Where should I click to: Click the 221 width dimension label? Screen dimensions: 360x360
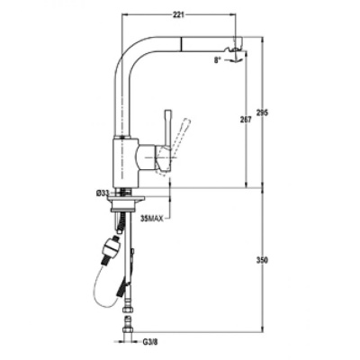(178, 15)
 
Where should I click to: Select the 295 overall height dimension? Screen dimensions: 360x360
(262, 112)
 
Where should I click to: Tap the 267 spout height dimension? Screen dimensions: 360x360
(246, 120)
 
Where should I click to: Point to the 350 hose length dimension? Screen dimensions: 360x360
(262, 260)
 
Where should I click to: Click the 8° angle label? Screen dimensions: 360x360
(217, 60)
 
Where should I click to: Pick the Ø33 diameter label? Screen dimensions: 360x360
(103, 193)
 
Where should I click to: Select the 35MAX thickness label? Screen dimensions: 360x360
(152, 219)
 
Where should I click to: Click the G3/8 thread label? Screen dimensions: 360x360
(149, 342)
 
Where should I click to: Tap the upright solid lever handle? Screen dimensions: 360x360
(167, 129)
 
